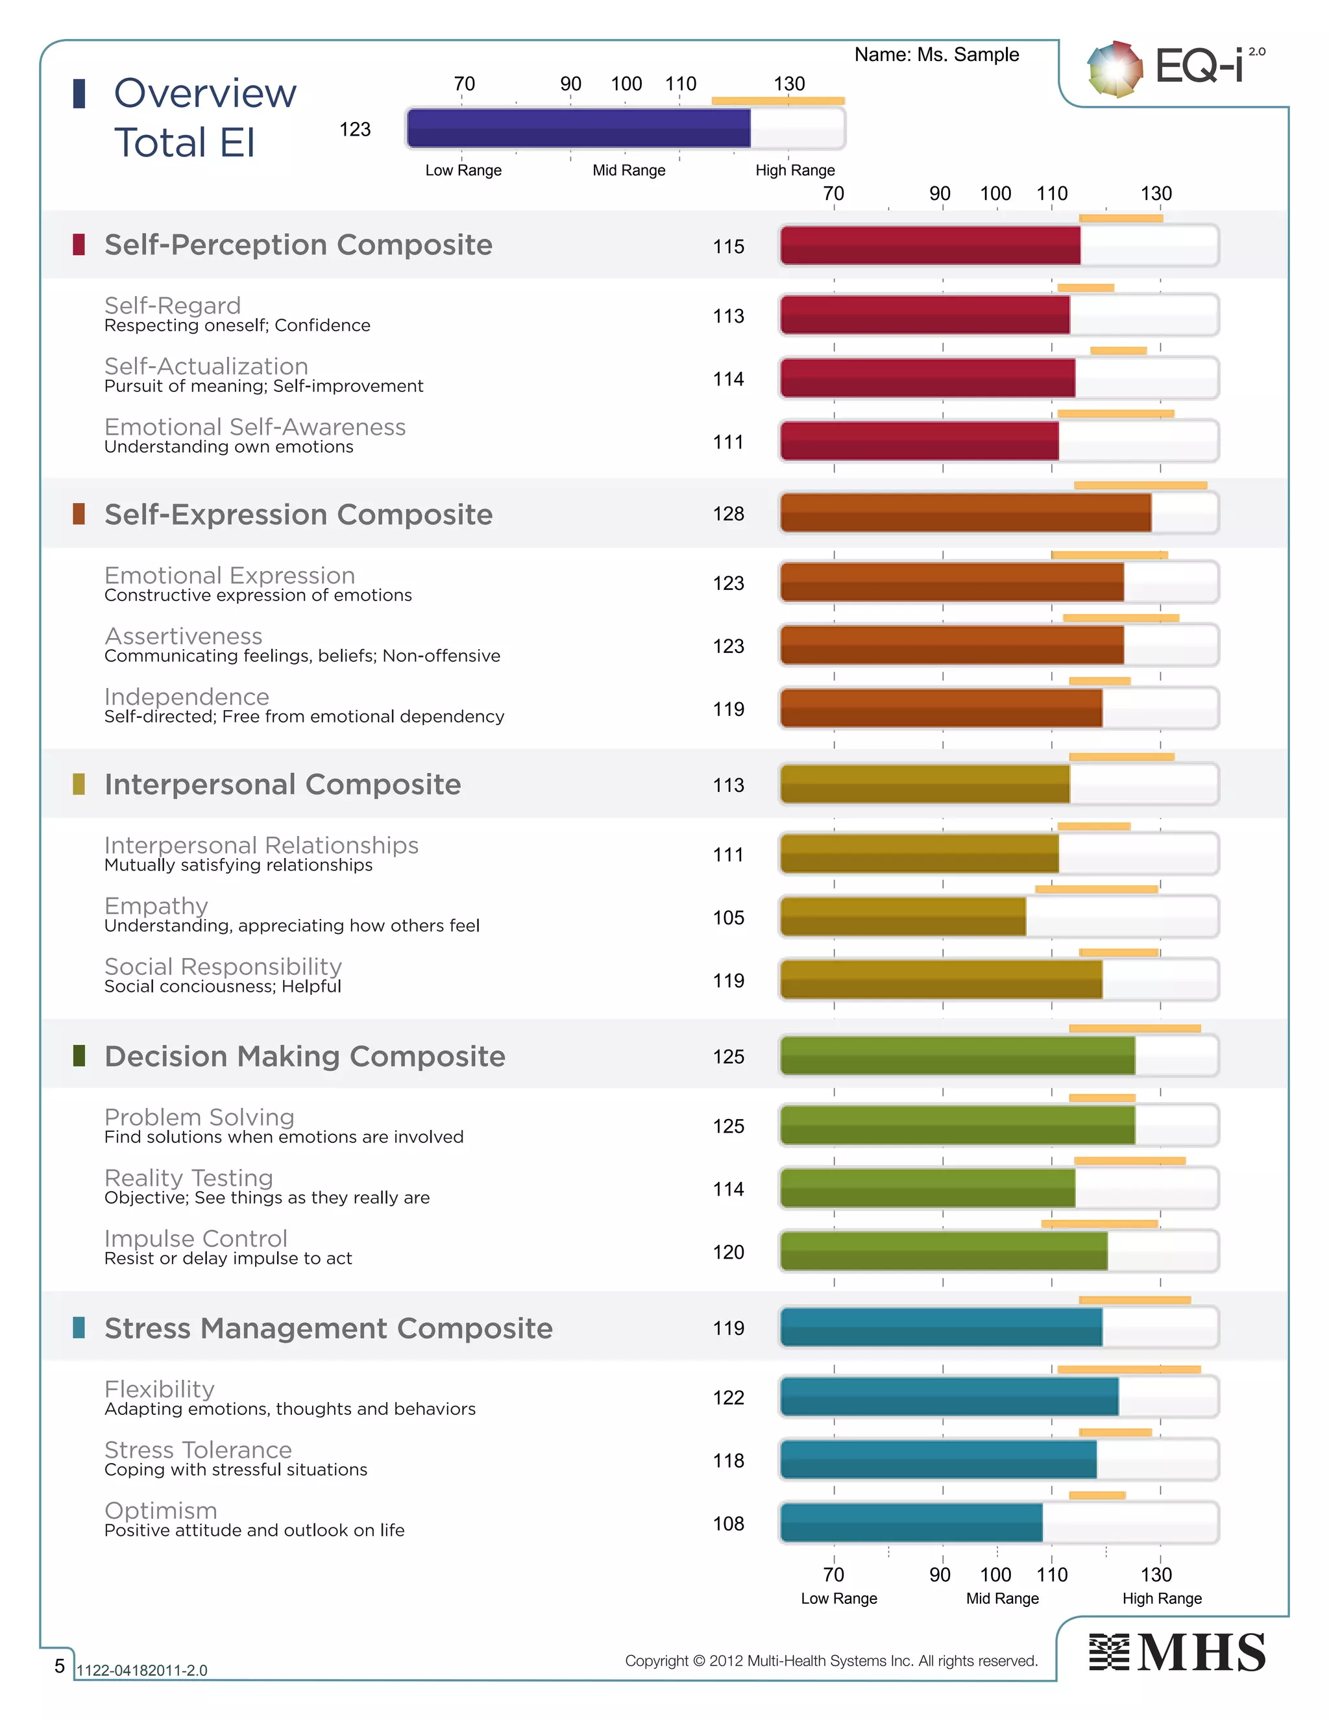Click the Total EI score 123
coord(354,129)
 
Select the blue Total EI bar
coord(579,129)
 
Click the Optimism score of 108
coord(727,1523)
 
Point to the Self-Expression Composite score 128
coord(727,513)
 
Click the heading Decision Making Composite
coord(305,1056)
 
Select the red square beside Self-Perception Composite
coord(79,244)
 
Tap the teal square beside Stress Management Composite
coord(79,1327)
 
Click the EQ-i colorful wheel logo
coord(1114,69)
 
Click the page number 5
coord(59,1665)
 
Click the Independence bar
coord(941,708)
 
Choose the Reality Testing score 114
coord(727,1188)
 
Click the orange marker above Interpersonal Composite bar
coord(1121,757)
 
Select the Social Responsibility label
coord(223,966)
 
